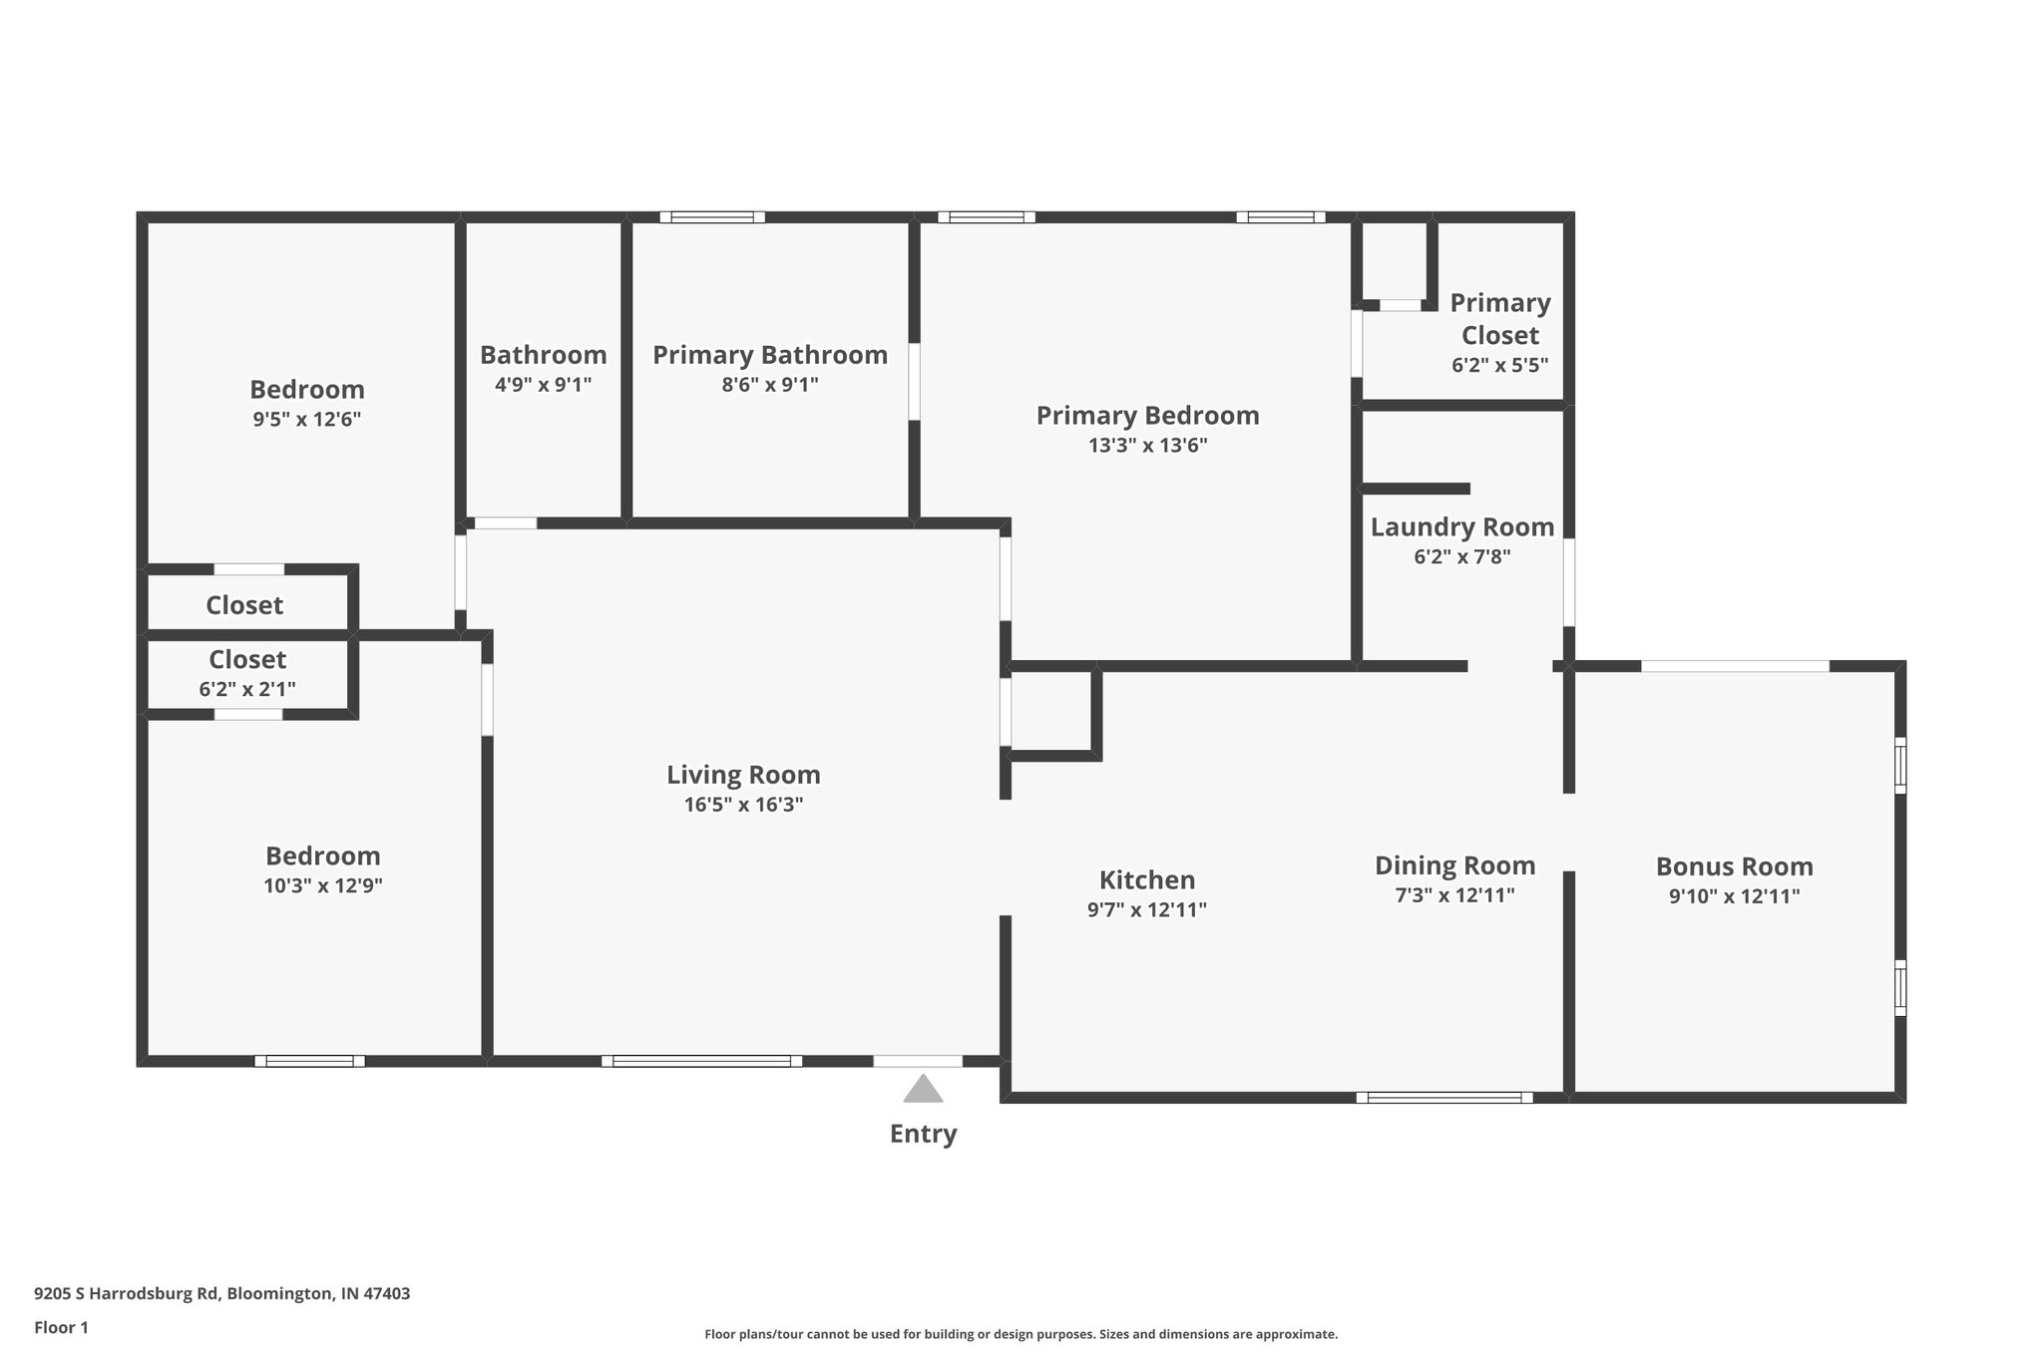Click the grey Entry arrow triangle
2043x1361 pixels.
point(923,1090)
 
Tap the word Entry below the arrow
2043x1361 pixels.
point(923,1134)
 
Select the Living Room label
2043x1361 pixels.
point(743,775)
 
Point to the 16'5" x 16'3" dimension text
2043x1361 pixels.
point(743,805)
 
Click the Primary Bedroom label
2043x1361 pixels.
point(1147,416)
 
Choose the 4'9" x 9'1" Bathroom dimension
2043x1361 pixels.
point(543,385)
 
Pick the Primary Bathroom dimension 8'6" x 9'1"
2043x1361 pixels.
point(769,385)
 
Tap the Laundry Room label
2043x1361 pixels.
point(1461,527)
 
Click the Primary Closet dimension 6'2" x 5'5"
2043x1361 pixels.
point(1499,365)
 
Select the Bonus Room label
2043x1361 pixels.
point(1734,866)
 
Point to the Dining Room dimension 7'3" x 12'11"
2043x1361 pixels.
point(1454,895)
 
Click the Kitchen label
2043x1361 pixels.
point(1146,880)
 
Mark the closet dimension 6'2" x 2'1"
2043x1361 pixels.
point(247,689)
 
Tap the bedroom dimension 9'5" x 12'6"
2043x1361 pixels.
point(306,419)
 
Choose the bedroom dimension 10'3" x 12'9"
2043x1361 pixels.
point(322,885)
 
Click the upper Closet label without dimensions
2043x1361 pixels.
point(244,605)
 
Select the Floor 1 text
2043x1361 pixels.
point(61,1327)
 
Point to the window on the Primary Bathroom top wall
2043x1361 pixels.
point(711,217)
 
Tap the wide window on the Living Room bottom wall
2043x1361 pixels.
point(701,1061)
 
